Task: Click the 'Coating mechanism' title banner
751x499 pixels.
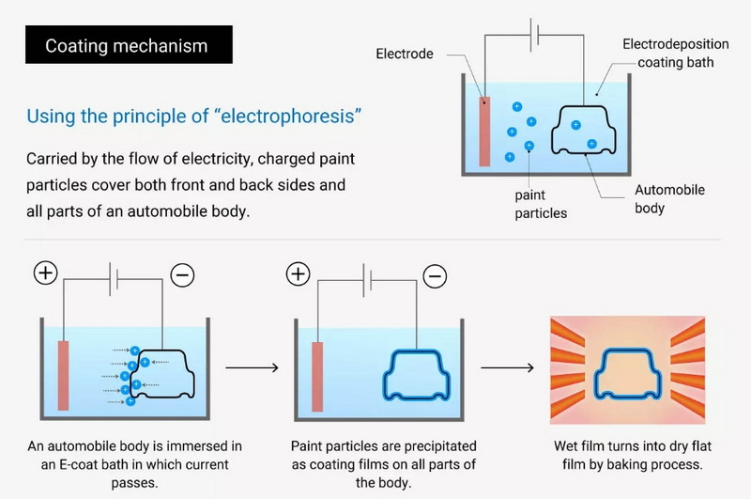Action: pos(127,45)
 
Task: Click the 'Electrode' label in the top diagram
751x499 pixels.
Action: pos(405,54)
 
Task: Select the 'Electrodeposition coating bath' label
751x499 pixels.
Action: pos(669,54)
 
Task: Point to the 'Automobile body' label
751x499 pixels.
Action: pos(669,198)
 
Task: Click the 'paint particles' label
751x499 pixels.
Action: pos(541,204)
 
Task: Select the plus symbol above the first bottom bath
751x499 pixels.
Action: pos(46,273)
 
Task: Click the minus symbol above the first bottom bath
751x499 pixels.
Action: pos(182,274)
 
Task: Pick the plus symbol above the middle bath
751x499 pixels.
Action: pos(298,273)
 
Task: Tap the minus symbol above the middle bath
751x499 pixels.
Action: pos(435,274)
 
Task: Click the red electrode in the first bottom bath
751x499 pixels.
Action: pos(64,373)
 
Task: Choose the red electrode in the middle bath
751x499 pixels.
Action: pos(316,373)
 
